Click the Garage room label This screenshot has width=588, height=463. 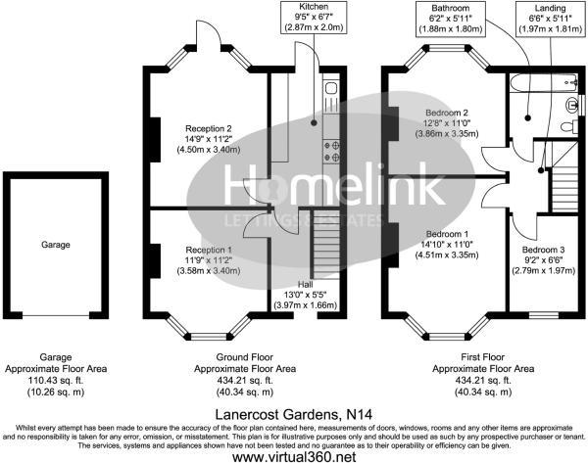click(55, 245)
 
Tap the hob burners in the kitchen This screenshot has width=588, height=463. click(331, 150)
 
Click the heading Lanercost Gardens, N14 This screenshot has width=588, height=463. click(293, 415)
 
